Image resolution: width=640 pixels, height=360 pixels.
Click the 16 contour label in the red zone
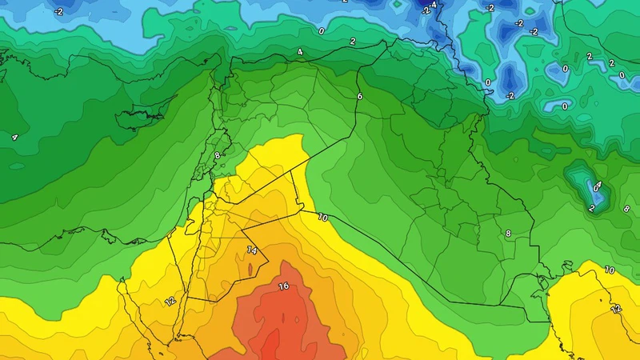[x=283, y=286]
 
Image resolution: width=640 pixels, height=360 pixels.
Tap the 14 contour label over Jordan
[x=251, y=250]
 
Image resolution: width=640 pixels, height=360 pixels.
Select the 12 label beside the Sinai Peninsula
[x=170, y=301]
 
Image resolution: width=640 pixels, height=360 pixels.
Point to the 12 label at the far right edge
[x=616, y=308]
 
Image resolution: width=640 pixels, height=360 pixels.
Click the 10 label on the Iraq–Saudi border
[x=322, y=218]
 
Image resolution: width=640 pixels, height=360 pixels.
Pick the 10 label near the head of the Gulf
[x=609, y=270]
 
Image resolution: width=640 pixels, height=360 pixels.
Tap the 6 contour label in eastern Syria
[x=360, y=96]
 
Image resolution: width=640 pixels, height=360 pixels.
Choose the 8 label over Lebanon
[x=218, y=156]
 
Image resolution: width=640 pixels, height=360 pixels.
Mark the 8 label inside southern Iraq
[x=507, y=234]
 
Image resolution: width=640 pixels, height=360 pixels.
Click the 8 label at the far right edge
[x=626, y=209]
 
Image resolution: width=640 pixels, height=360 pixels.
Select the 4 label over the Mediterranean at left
[x=14, y=138]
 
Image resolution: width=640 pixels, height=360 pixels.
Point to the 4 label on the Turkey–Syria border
[x=300, y=53]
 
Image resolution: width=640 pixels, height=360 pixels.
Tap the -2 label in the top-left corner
[x=59, y=12]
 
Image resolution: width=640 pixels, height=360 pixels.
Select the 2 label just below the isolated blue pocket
[x=591, y=208]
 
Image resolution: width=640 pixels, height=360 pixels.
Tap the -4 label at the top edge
[x=433, y=6]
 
